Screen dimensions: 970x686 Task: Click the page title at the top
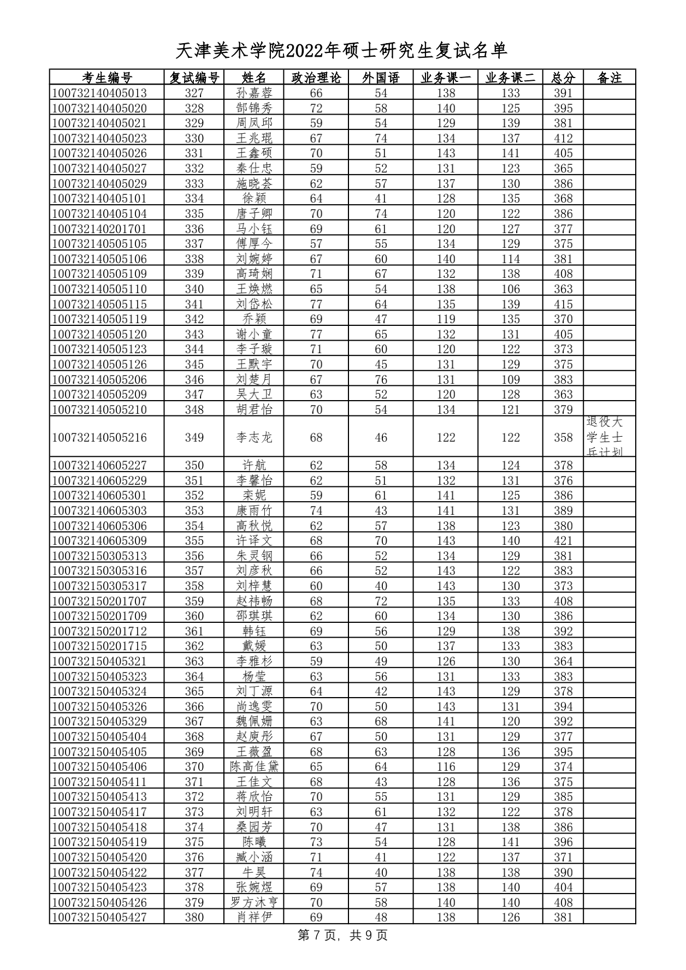pos(342,51)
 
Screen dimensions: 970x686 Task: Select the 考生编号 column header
pos(107,78)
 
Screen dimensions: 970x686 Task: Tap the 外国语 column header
pos(381,78)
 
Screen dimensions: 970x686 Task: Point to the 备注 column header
pos(609,78)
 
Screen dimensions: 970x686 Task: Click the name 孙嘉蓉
pos(254,93)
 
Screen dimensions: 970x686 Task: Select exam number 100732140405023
pos(100,138)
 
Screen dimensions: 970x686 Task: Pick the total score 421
pos(563,541)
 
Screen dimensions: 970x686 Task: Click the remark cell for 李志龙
pos(609,437)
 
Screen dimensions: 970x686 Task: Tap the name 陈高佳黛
pos(254,766)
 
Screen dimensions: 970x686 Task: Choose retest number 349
pos(194,437)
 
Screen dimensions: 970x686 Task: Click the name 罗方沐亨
pos(254,902)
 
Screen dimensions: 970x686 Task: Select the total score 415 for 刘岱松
pos(563,304)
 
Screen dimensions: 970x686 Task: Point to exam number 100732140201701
pos(100,229)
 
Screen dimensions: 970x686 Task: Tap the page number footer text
pos(342,935)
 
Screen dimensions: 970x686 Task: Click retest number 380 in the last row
pos(194,917)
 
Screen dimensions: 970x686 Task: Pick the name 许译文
pos(254,541)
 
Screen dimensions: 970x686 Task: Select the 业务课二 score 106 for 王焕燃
pos(510,289)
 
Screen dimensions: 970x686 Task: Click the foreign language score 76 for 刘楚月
pos(381,379)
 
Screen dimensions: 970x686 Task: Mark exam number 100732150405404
pos(100,736)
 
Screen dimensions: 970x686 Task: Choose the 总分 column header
pos(563,78)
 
